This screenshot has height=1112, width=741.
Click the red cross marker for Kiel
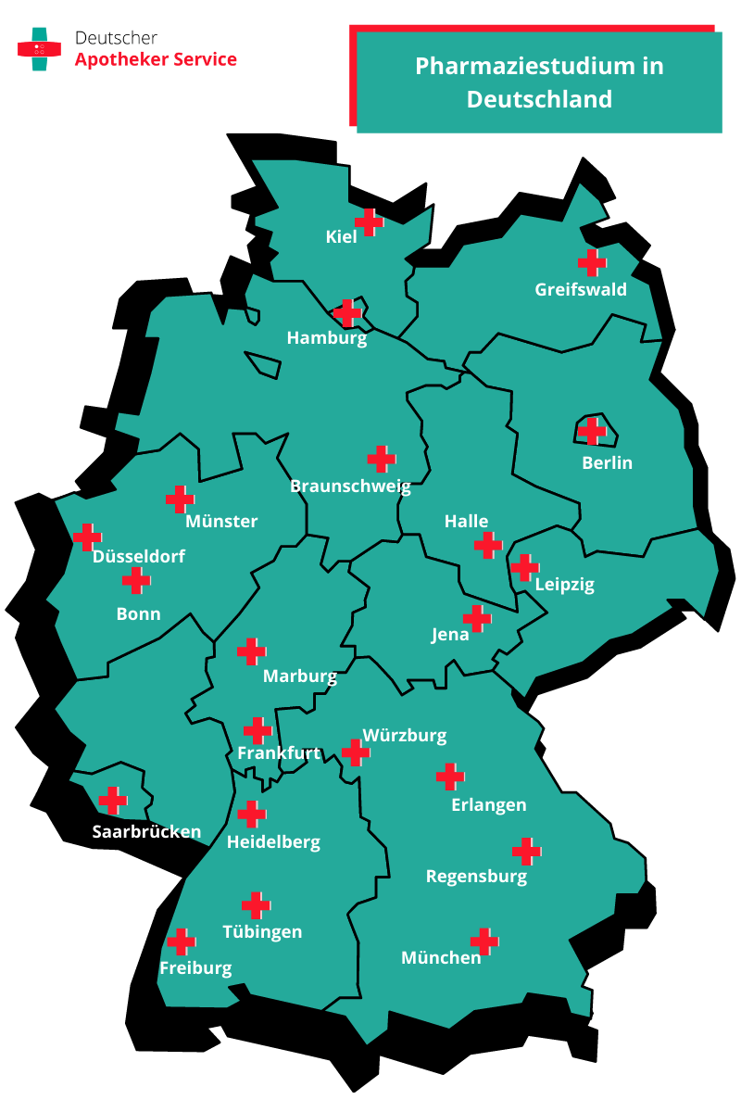(370, 222)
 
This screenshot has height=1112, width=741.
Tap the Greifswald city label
(581, 289)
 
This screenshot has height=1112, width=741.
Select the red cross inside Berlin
(591, 430)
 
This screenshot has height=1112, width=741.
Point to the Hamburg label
(327, 338)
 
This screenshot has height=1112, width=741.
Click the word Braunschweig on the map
(350, 486)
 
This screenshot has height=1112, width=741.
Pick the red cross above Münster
(180, 499)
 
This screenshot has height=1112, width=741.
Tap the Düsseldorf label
(139, 557)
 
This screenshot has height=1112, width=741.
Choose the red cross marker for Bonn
(136, 581)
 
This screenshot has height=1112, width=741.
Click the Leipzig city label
(565, 585)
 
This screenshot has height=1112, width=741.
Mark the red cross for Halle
(487, 545)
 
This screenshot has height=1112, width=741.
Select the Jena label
(450, 635)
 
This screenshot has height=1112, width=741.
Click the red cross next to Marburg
(251, 651)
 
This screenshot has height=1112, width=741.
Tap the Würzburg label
(405, 736)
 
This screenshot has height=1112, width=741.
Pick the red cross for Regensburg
(526, 851)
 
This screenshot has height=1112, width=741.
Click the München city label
(441, 957)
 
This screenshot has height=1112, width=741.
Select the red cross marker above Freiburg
(181, 941)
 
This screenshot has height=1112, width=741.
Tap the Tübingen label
(262, 931)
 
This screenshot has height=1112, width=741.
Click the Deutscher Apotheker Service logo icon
(39, 48)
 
